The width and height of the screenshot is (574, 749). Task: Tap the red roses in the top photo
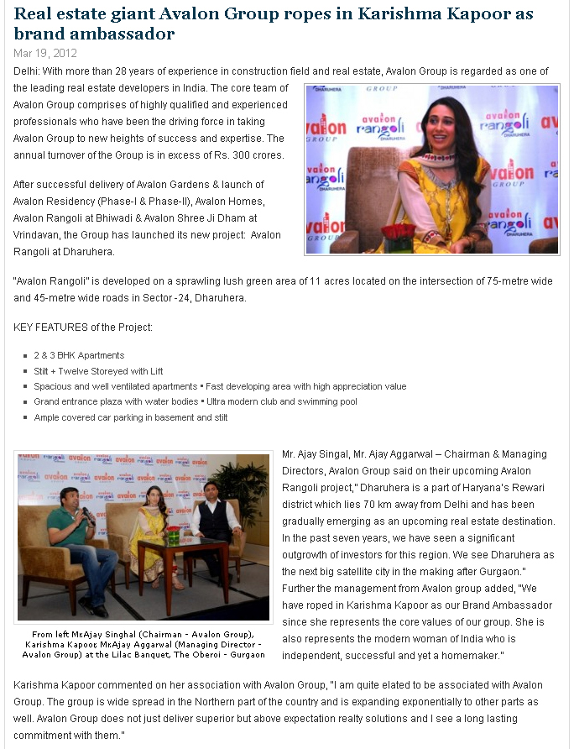point(398,232)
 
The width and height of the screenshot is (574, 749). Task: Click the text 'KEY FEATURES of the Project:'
point(83,326)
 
